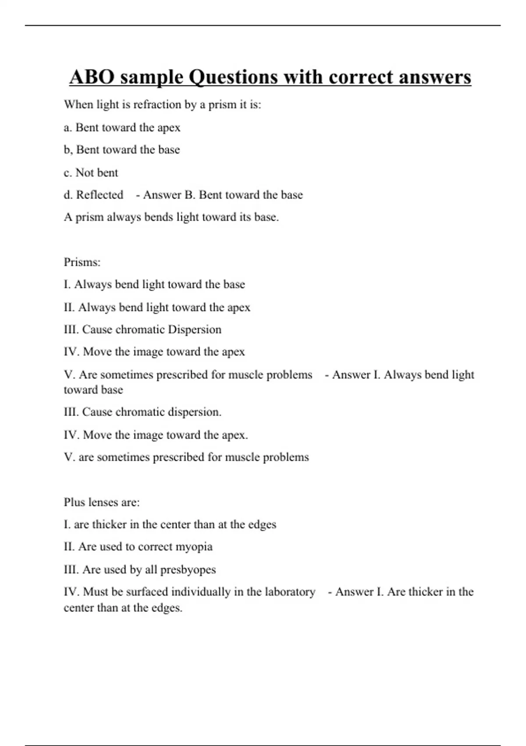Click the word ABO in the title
91,77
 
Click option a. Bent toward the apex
122,128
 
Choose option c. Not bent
91,172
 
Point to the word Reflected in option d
100,195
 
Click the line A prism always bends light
171,217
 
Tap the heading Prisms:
82,262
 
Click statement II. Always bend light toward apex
157,307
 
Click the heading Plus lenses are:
102,502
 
